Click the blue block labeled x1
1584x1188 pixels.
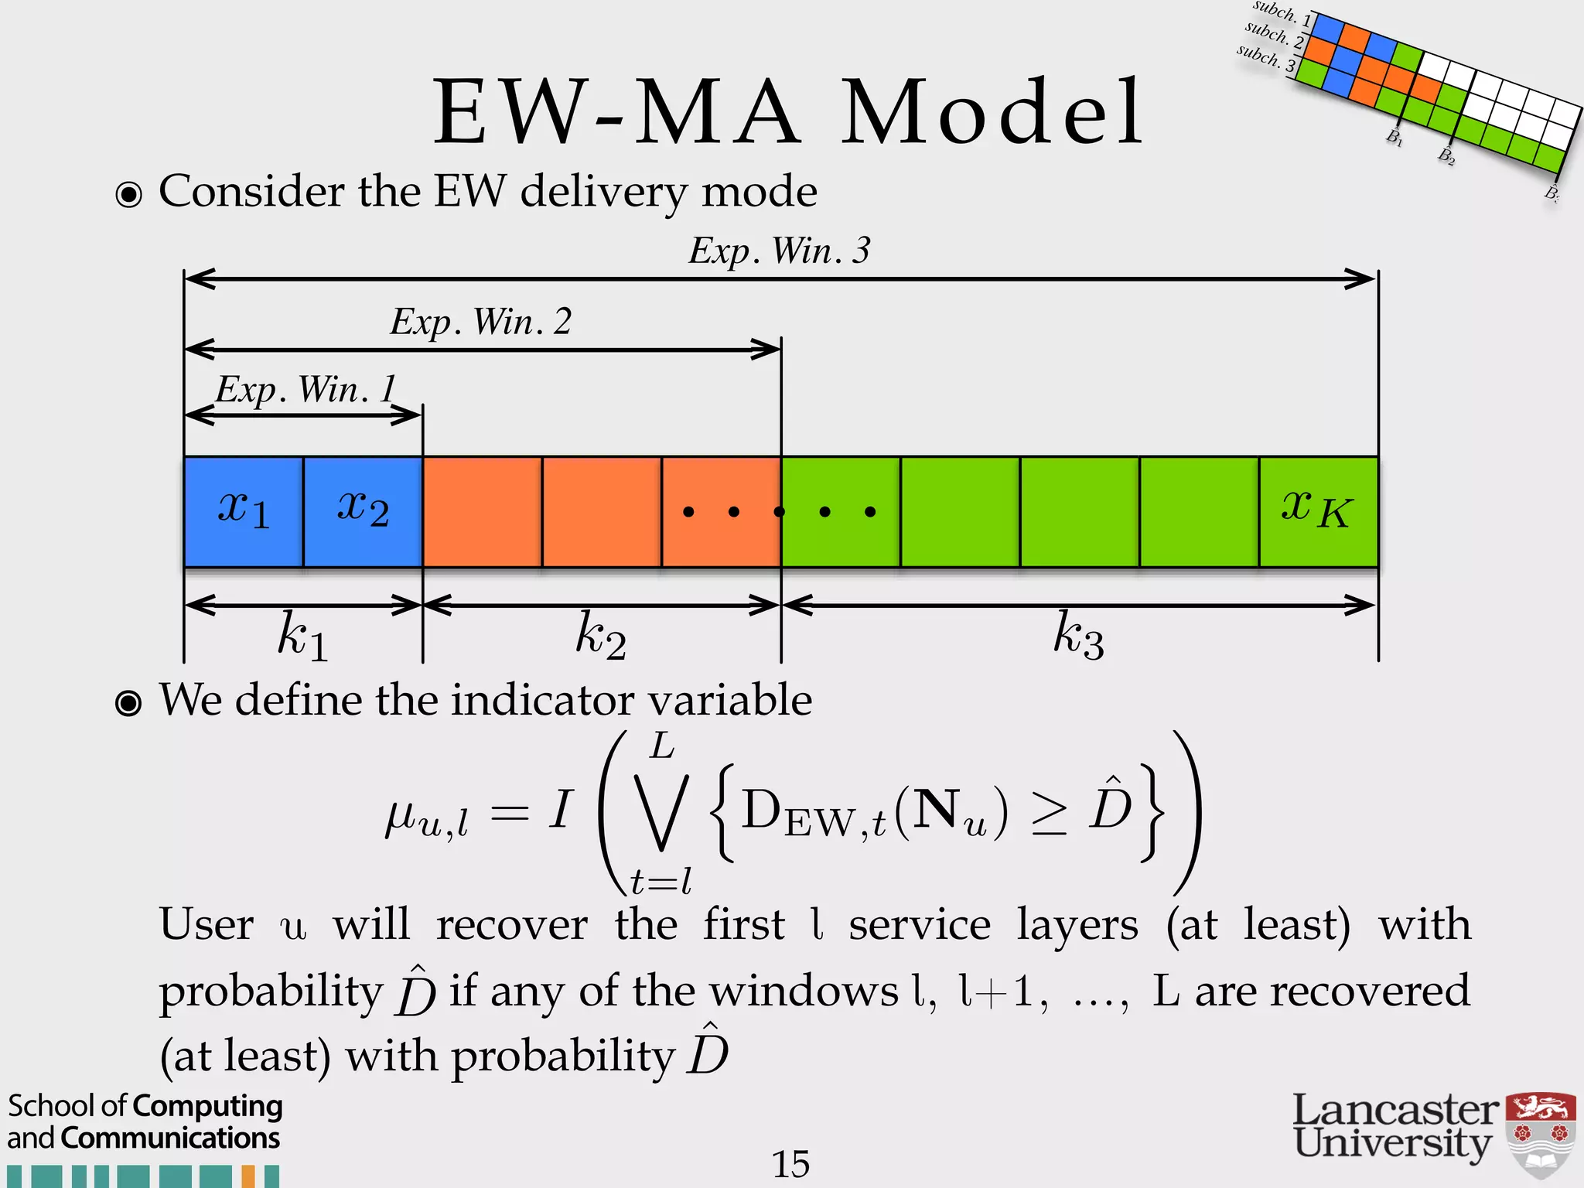tap(244, 511)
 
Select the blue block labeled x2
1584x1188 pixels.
tap(363, 511)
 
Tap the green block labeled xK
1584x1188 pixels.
tap(1318, 511)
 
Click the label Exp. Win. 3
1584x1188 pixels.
tap(780, 251)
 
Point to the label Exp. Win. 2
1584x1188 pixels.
tap(480, 322)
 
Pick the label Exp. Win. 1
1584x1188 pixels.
tap(306, 389)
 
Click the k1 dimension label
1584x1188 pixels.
tap(302, 636)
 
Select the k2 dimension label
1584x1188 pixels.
tap(600, 636)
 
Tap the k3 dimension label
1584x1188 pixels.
tap(1078, 636)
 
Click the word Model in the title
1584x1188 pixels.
tap(992, 113)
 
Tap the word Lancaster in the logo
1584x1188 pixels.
tap(1395, 1111)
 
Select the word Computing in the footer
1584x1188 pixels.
tap(207, 1107)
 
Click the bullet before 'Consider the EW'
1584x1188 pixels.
tap(128, 194)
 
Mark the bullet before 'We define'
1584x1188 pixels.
tap(128, 703)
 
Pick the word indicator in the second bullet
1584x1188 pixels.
tap(544, 700)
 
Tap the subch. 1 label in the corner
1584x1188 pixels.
tap(1281, 13)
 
